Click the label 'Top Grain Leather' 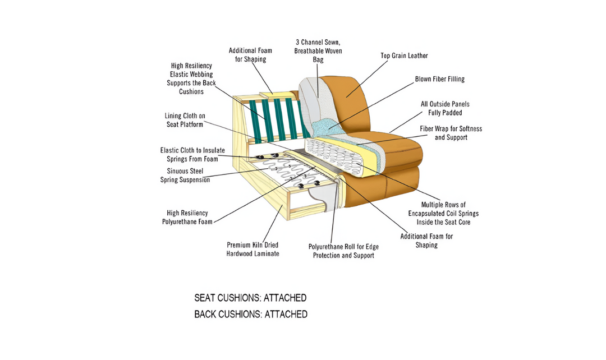click(x=404, y=56)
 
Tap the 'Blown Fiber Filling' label click(x=439, y=79)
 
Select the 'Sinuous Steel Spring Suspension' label click(x=185, y=175)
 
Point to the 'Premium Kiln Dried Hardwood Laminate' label click(x=252, y=249)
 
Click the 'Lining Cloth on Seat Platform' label click(x=185, y=119)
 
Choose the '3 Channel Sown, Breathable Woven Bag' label click(x=318, y=50)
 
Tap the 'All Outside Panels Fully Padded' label click(x=445, y=108)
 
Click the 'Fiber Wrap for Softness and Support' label click(x=451, y=133)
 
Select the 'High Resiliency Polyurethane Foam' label click(x=187, y=217)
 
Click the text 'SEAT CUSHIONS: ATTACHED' click(x=250, y=298)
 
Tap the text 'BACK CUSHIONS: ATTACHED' click(x=251, y=314)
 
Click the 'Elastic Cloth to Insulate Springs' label click(x=192, y=154)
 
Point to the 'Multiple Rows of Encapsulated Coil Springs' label click(x=443, y=213)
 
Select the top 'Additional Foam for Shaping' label click(x=251, y=54)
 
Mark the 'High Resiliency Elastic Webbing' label click(x=191, y=78)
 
